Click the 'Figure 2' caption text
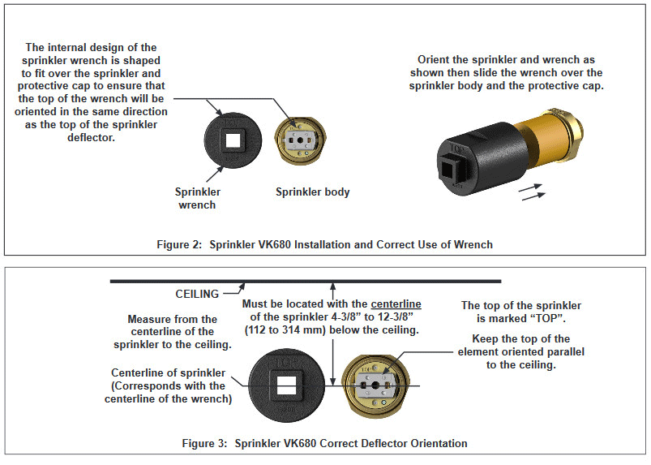pos(323,243)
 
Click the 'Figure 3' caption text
pos(323,443)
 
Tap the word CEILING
pos(198,294)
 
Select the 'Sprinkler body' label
pos(312,192)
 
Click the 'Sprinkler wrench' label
pos(197,199)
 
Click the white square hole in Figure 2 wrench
pos(233,140)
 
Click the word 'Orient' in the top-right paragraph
pos(436,60)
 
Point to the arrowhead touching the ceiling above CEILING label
pos(244,285)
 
